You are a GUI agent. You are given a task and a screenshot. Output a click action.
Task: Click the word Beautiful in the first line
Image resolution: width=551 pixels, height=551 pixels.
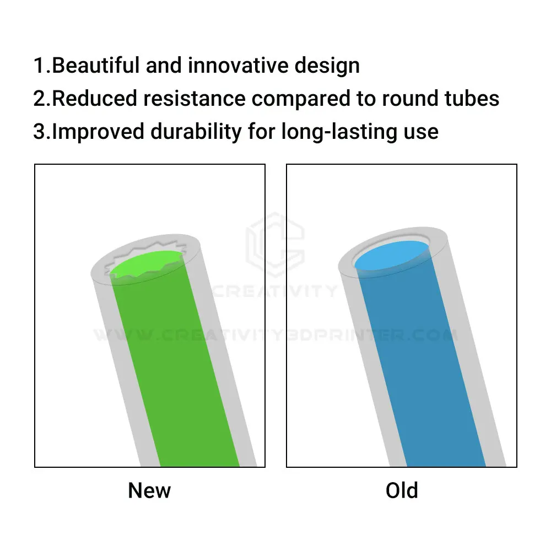tap(95, 66)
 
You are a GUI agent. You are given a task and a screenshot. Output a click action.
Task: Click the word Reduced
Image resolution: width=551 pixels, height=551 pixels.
tap(95, 99)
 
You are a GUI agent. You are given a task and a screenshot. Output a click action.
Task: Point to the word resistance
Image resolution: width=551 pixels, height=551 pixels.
tap(195, 99)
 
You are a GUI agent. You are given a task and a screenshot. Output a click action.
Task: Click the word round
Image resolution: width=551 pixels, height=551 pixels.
tap(410, 99)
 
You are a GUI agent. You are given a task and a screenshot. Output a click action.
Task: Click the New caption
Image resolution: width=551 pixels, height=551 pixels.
tap(149, 490)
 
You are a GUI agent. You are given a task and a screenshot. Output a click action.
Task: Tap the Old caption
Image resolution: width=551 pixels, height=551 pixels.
tap(402, 490)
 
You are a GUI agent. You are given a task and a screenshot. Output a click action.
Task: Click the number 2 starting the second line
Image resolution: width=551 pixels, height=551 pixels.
tap(39, 99)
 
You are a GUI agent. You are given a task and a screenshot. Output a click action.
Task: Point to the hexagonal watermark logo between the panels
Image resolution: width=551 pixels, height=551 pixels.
tap(275, 244)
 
